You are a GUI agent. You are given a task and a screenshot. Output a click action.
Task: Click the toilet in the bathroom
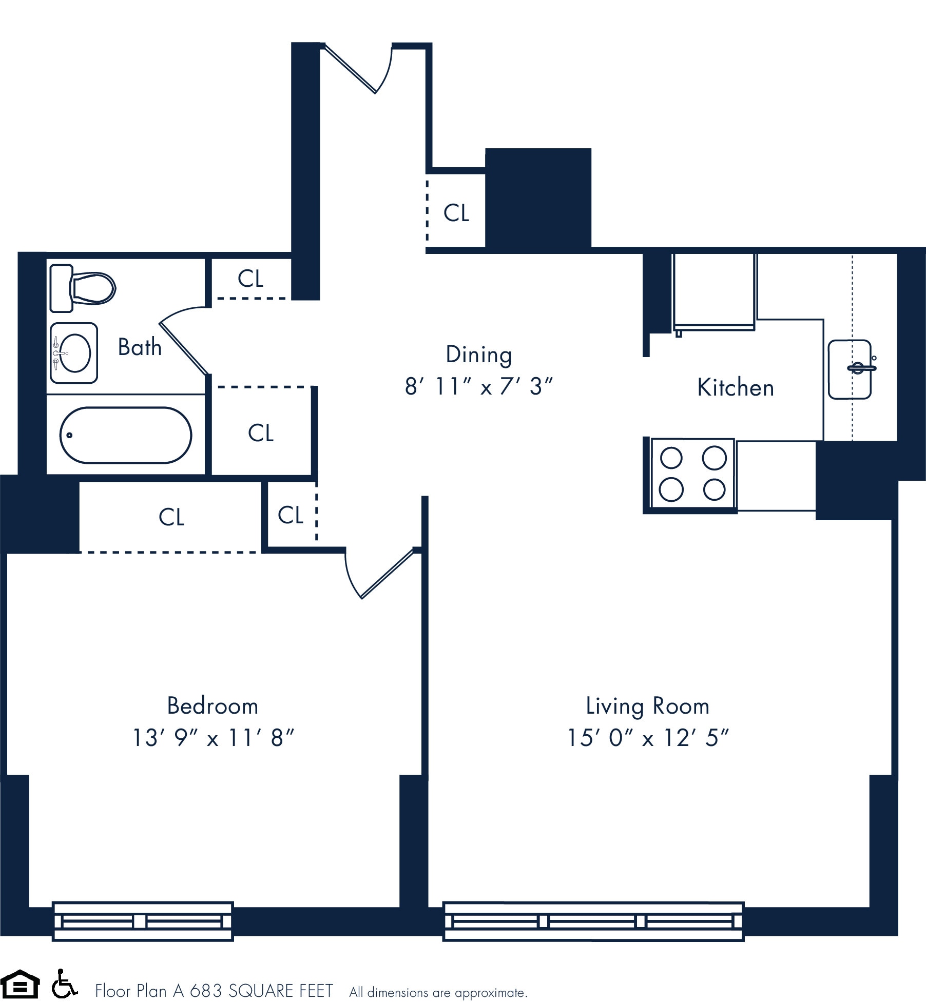(x=83, y=288)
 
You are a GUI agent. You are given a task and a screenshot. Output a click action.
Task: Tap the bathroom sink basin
(x=74, y=353)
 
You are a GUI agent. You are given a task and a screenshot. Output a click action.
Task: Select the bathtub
(x=126, y=435)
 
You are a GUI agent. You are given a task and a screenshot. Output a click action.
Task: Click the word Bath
(x=140, y=347)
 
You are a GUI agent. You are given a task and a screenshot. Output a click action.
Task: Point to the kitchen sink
(x=850, y=369)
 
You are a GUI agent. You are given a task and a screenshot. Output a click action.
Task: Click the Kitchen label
(x=735, y=388)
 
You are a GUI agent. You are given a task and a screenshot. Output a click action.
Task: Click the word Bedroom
(x=213, y=706)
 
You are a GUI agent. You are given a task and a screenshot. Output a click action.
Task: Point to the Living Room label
(x=647, y=706)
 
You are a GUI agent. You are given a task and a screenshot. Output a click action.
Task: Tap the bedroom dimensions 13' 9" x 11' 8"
(x=213, y=738)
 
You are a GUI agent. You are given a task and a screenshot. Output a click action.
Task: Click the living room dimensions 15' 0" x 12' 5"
(x=647, y=738)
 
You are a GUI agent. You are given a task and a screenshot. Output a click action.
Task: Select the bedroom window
(x=143, y=921)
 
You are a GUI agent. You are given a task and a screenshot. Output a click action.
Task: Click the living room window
(x=593, y=921)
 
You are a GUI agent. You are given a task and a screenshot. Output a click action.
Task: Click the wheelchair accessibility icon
(x=64, y=984)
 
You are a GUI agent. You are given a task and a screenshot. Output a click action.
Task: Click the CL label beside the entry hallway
(x=456, y=213)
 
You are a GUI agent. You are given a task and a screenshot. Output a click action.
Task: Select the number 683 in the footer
(x=206, y=991)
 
